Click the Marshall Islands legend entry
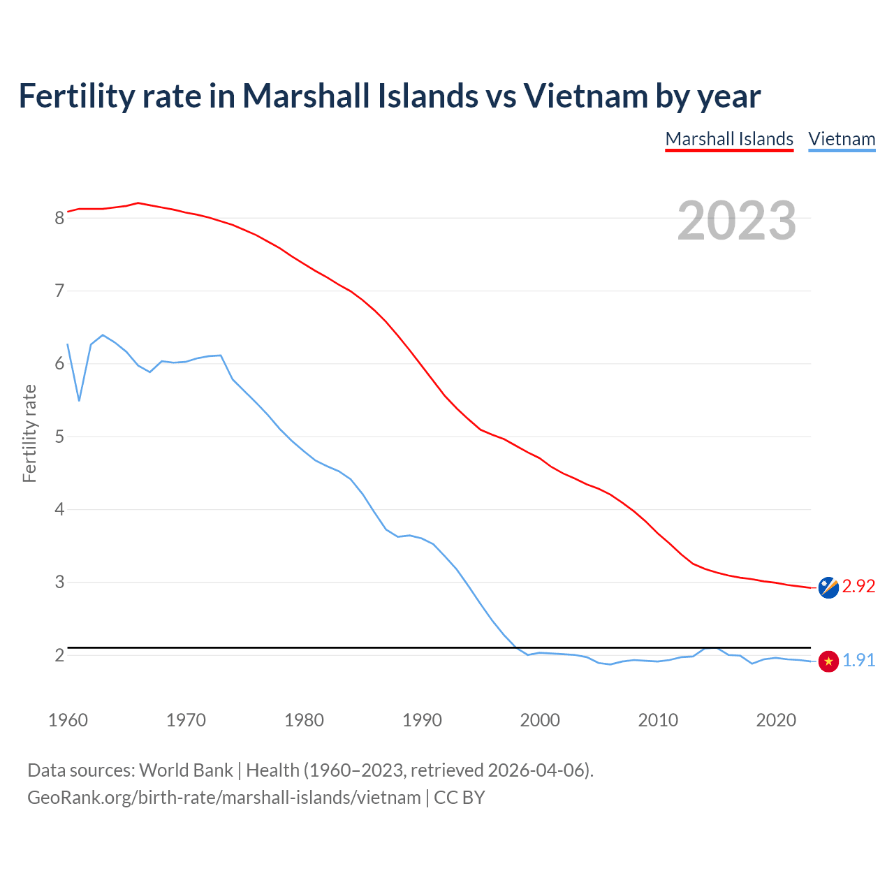(729, 139)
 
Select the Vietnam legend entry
(842, 139)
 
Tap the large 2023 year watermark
(736, 221)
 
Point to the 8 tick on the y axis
(60, 218)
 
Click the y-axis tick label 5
(60, 437)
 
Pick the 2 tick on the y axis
(60, 656)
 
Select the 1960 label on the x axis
(68, 720)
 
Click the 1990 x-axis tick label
(422, 720)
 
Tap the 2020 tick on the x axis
(776, 720)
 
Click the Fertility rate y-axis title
(29, 433)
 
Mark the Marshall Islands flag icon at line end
(828, 588)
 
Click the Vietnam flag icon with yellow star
(828, 661)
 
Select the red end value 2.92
(858, 587)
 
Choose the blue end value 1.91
(858, 660)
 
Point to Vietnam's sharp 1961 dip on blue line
(80, 400)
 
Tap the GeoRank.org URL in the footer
(223, 798)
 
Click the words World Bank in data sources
(186, 770)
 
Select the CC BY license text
(459, 798)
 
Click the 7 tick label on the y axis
(60, 291)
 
